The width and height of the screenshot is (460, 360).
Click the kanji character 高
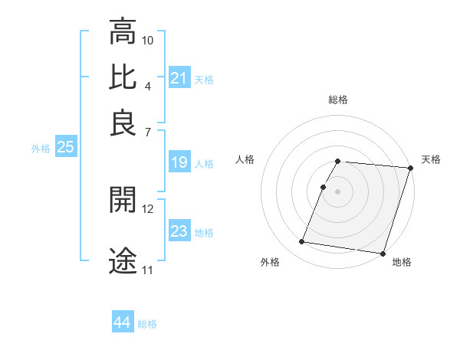click(x=123, y=31)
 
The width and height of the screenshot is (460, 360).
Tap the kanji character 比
click(x=123, y=77)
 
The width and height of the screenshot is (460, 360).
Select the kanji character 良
click(x=123, y=122)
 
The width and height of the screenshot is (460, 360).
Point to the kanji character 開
click(x=123, y=200)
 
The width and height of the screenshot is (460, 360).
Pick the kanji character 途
click(x=123, y=260)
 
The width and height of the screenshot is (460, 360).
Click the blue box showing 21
click(x=179, y=78)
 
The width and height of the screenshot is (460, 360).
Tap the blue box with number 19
click(x=179, y=162)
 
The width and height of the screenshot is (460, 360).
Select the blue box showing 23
click(x=179, y=231)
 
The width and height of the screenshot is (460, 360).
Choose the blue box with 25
click(x=65, y=147)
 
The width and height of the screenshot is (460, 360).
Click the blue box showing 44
click(x=123, y=322)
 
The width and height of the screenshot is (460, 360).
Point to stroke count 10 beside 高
click(x=148, y=40)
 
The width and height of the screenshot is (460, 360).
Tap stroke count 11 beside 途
click(x=148, y=270)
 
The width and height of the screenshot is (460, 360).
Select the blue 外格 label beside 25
click(x=41, y=149)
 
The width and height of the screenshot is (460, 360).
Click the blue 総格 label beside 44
click(x=147, y=324)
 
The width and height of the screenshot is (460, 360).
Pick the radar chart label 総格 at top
click(x=338, y=100)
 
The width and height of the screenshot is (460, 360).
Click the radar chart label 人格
click(x=245, y=159)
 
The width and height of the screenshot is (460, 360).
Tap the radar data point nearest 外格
click(x=302, y=242)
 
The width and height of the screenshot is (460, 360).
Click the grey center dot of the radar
click(x=338, y=191)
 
